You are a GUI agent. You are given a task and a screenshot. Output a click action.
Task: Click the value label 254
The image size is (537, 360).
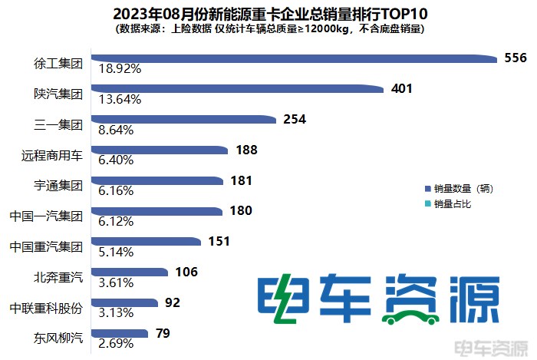[x=295, y=119]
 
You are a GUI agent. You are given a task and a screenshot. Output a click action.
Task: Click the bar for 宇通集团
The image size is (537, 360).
[x=156, y=180]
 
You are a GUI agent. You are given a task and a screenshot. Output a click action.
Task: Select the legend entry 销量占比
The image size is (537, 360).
[x=452, y=203]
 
